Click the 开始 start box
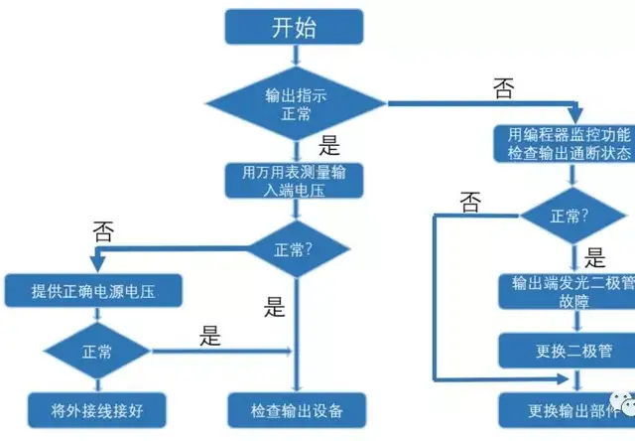pos(295,27)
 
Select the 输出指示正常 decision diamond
pos(295,102)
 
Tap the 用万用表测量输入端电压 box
pos(295,181)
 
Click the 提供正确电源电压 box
pos(93,291)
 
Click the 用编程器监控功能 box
pos(567,143)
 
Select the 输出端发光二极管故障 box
pos(567,291)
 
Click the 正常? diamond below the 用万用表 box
pos(295,248)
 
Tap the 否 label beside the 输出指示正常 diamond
pos(503,88)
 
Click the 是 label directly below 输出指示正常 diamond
pos(329,146)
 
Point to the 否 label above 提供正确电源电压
pos(103,231)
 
